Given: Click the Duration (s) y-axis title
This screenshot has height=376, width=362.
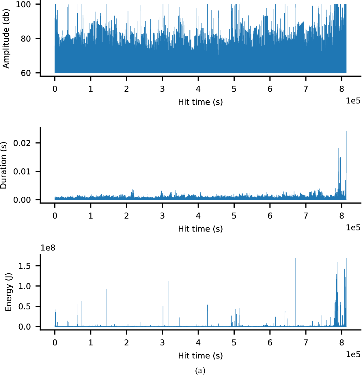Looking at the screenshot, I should click(x=4, y=165).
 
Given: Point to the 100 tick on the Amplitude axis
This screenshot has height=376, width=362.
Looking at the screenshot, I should click(x=24, y=4).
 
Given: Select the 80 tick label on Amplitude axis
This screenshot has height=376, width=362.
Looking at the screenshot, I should click(x=26, y=39).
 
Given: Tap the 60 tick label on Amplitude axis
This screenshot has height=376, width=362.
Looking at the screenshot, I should click(x=26, y=73).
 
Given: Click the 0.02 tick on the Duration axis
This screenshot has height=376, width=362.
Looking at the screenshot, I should click(x=22, y=143).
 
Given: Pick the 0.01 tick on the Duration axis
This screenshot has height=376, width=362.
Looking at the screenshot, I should click(x=22, y=172).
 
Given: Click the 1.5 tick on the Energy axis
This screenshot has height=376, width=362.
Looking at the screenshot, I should click(x=25, y=266).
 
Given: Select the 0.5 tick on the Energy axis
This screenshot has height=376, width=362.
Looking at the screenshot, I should click(x=25, y=307).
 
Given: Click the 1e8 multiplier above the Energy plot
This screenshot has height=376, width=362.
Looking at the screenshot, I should click(x=48, y=248).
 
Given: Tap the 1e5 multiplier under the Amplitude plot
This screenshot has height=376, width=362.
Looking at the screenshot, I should click(x=353, y=101).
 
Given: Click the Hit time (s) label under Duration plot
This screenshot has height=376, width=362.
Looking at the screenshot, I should click(x=200, y=229).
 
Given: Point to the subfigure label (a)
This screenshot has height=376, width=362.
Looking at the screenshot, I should click(x=200, y=370).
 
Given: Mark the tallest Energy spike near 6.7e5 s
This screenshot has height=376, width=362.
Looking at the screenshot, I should click(x=295, y=259).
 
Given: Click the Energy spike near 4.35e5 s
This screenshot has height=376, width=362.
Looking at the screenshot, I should click(x=211, y=273).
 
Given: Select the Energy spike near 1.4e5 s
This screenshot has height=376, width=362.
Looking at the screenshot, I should click(x=106, y=289).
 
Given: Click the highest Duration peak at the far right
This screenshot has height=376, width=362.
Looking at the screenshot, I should click(x=346, y=132).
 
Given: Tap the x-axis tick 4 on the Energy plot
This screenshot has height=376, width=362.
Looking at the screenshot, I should click(x=198, y=343).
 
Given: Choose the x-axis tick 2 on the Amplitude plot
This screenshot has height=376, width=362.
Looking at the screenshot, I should click(x=126, y=89).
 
